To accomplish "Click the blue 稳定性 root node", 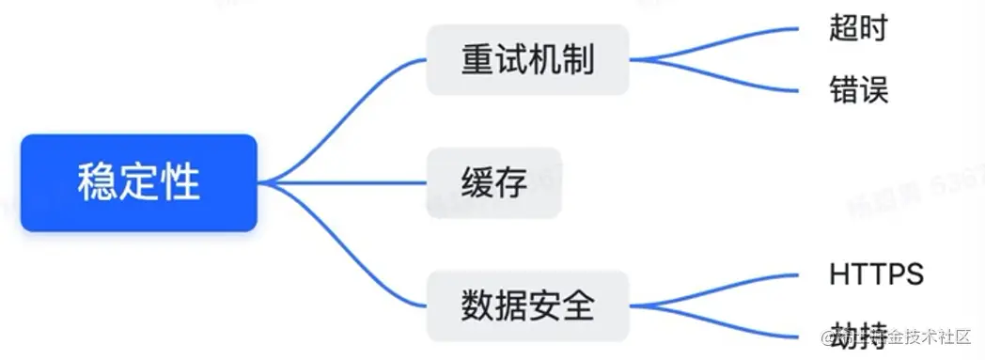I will [138, 182].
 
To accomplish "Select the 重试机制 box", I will [527, 60].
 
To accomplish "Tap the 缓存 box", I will [493, 182].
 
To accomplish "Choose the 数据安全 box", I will [527, 306].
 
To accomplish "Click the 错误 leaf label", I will [858, 90].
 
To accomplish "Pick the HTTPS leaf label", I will [877, 274].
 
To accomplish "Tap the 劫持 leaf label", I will [857, 336].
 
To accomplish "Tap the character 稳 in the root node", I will [97, 182].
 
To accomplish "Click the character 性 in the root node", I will [180, 182].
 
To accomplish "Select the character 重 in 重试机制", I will [477, 60].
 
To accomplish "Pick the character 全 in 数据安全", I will [577, 306].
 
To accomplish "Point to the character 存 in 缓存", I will [510, 182].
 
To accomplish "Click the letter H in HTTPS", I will [840, 274].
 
